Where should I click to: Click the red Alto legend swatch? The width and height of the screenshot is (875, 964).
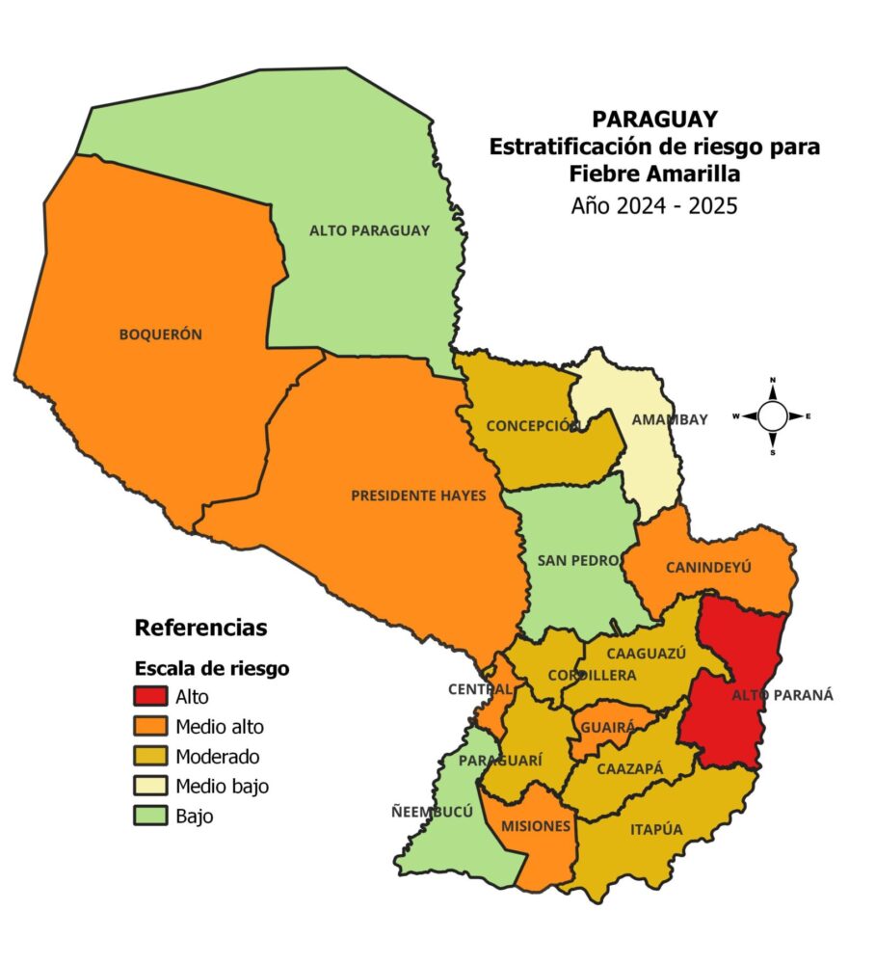tap(150, 696)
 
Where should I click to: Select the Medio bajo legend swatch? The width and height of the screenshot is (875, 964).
tap(150, 786)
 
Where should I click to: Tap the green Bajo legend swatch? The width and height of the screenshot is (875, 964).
tap(150, 816)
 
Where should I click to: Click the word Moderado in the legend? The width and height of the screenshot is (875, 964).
tap(218, 756)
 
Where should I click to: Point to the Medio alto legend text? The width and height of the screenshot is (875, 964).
tap(220, 726)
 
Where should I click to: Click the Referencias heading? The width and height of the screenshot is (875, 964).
tap(200, 628)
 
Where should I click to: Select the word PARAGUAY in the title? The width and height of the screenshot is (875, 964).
tap(654, 119)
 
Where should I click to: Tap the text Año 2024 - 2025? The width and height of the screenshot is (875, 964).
tap(654, 204)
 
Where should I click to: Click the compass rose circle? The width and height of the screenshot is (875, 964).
tap(773, 415)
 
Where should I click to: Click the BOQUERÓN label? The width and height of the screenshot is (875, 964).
tap(160, 335)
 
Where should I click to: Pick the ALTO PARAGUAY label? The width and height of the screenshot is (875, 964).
tap(369, 230)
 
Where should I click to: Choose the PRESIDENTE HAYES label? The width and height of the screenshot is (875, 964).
tap(418, 495)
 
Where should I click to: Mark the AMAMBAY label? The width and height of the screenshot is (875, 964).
tap(669, 419)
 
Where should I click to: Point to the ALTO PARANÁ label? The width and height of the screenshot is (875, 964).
tap(782, 695)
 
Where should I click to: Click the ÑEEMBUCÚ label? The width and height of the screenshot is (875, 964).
tap(439, 811)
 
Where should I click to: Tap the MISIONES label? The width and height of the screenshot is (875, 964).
tap(535, 826)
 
